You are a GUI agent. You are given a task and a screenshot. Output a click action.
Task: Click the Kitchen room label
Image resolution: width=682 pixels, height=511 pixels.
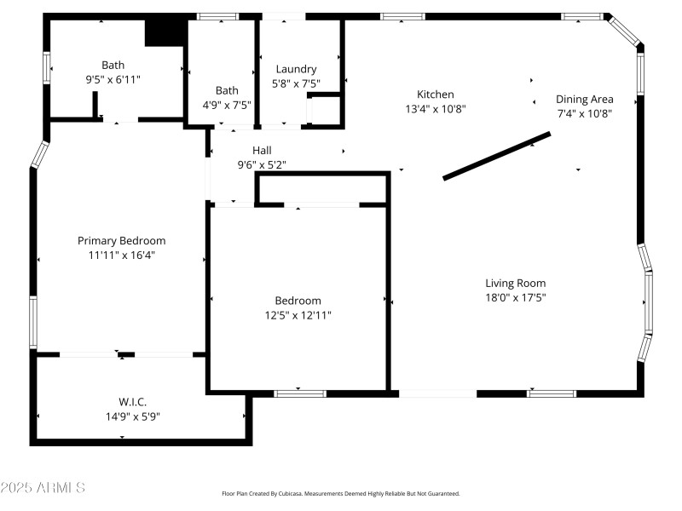tap(435, 95)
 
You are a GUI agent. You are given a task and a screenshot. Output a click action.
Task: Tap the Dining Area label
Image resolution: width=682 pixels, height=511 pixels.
tap(584, 99)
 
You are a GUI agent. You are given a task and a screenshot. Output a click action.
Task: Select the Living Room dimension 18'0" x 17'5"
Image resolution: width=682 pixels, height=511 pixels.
tap(516, 298)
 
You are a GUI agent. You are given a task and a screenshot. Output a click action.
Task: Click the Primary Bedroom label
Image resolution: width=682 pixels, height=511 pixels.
tap(122, 241)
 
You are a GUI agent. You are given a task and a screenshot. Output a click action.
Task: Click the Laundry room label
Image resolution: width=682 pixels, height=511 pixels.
tap(296, 69)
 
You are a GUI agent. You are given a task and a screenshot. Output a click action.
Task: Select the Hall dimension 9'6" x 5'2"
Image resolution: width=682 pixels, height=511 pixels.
tap(261, 165)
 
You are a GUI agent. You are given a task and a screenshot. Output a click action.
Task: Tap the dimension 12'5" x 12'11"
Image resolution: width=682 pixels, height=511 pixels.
tap(298, 315)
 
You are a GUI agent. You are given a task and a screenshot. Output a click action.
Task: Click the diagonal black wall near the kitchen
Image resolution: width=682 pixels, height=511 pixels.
tap(497, 155)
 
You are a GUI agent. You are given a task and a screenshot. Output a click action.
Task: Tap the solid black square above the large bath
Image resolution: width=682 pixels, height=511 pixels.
tap(165, 32)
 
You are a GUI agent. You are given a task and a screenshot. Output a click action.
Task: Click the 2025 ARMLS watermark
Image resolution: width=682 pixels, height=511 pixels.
tap(43, 488)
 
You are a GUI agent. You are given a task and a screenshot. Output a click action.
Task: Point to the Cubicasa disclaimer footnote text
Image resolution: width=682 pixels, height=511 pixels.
tap(341, 494)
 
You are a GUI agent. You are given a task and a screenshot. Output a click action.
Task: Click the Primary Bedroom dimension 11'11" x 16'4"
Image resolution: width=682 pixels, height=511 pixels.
tap(122, 255)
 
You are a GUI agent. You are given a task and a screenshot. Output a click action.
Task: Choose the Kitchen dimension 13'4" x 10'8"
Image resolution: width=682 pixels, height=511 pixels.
tap(435, 109)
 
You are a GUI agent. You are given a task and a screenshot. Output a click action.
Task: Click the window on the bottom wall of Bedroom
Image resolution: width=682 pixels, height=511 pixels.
tap(299, 393)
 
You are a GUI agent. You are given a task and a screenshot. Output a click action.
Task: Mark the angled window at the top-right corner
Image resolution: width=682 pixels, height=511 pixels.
tap(625, 31)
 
